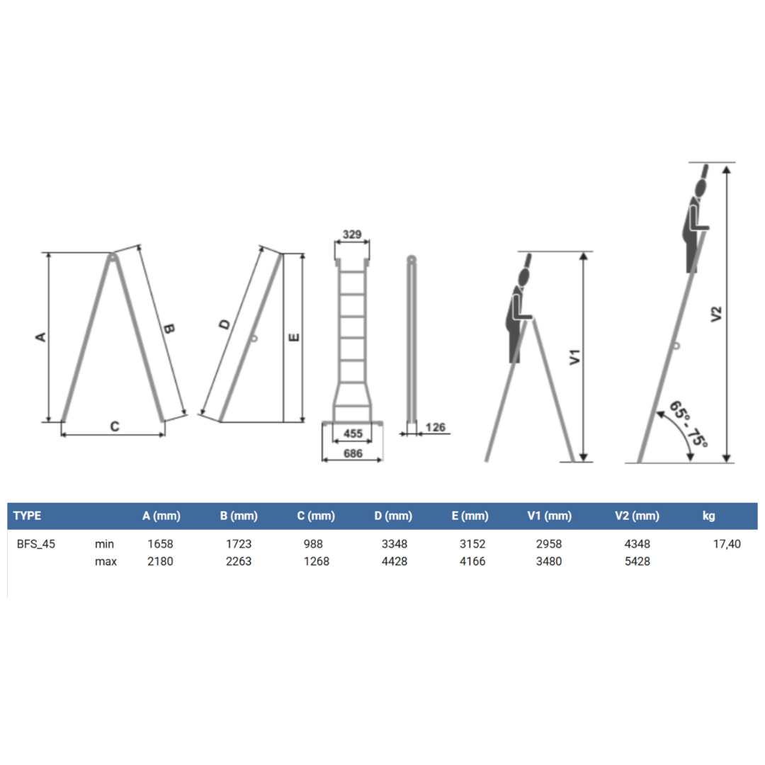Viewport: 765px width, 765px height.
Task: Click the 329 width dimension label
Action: [x=352, y=234]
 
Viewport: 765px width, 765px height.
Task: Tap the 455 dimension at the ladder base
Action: [x=353, y=433]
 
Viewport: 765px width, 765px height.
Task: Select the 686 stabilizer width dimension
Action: [x=353, y=453]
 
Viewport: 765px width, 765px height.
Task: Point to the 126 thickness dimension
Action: [x=435, y=427]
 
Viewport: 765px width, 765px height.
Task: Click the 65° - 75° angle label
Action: [x=688, y=424]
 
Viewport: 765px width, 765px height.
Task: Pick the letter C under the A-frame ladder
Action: [x=115, y=426]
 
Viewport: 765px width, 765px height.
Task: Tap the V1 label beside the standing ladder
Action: [x=575, y=356]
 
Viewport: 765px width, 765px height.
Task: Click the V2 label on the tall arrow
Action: [x=715, y=314]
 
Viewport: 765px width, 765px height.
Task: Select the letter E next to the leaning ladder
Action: [x=294, y=337]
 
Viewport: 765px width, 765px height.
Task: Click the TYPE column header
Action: [x=28, y=516]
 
